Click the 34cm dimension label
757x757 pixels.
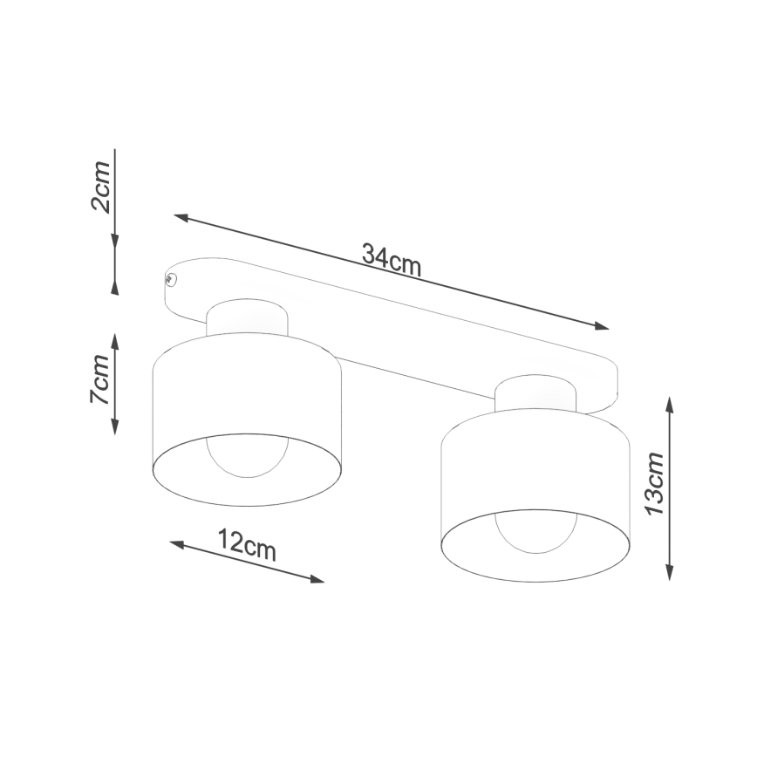pyautogui.click(x=392, y=259)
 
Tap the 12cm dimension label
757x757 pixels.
pyautogui.click(x=247, y=546)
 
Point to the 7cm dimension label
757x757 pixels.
pyautogui.click(x=99, y=378)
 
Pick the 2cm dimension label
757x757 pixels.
pyautogui.click(x=100, y=187)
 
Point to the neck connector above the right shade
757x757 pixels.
pyautogui.click(x=535, y=393)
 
